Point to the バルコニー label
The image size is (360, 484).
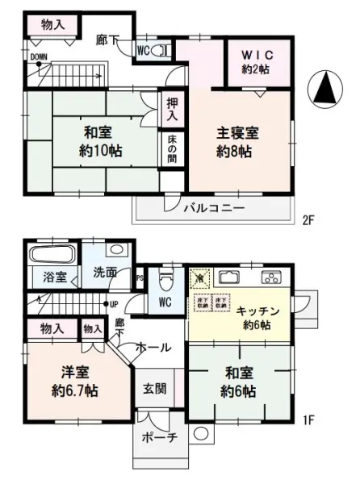pyautogui.click(x=213, y=207)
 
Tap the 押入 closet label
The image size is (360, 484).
pyautogui.click(x=172, y=111)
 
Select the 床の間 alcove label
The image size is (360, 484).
pyautogui.click(x=172, y=152)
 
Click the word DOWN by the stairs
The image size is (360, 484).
pyautogui.click(x=38, y=57)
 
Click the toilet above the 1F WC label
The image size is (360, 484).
pyautogui.click(x=167, y=281)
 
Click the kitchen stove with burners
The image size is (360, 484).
pyautogui.click(x=272, y=278)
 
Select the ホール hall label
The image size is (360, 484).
pyautogui.click(x=153, y=347)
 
